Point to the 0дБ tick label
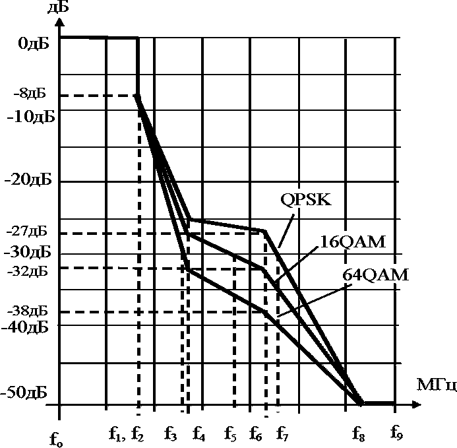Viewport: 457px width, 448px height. point(31,44)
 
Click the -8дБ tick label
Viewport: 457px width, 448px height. point(29,94)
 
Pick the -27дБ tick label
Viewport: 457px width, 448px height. point(29,232)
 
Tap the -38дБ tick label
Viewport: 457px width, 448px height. point(29,310)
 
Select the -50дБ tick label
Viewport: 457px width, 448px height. point(29,393)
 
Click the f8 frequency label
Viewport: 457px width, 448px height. point(359,434)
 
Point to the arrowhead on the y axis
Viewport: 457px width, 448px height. point(59,22)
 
